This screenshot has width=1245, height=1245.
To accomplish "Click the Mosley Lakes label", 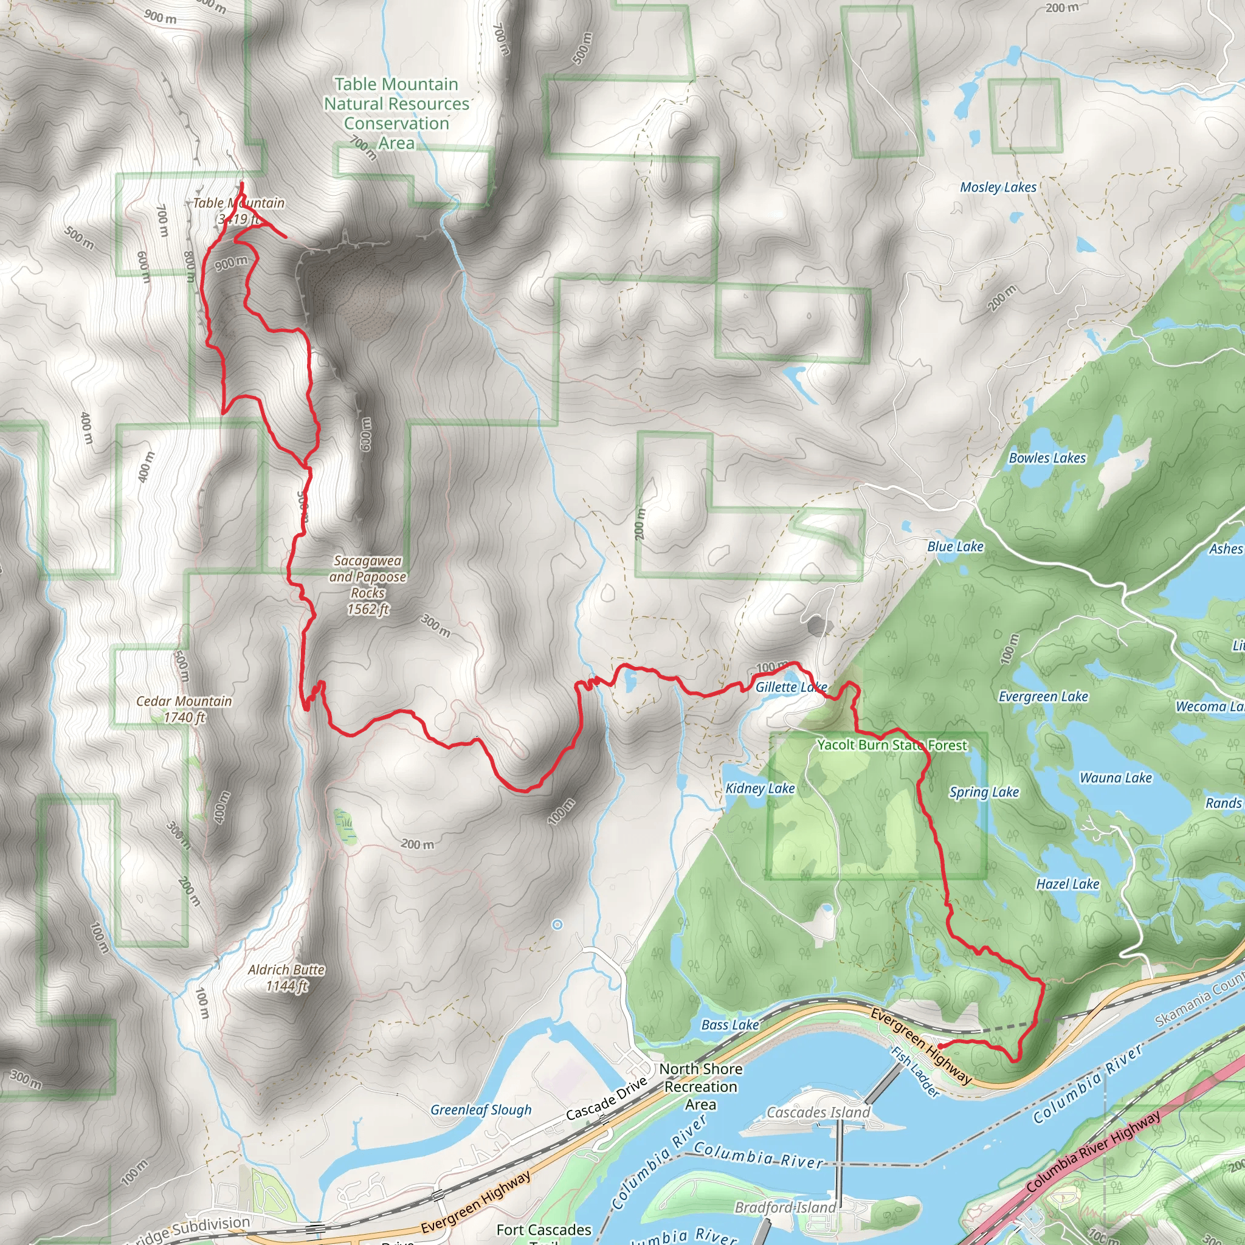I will tap(998, 187).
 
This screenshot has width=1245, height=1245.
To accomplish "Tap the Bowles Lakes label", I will tap(1047, 458).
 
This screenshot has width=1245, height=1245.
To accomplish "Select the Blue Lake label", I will tap(955, 547).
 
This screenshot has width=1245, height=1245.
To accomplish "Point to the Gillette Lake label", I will tap(791, 688).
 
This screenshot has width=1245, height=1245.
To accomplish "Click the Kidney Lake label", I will tap(760, 788).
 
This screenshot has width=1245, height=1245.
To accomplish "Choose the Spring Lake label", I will tap(984, 793).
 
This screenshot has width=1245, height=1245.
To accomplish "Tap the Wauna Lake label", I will tap(1116, 779).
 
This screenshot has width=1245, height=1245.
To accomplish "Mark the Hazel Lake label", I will tap(1067, 885).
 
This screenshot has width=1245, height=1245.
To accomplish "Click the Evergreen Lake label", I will tap(1043, 697).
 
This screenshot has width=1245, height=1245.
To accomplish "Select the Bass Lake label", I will tap(729, 1026).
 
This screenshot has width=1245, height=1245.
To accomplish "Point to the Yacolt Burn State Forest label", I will tap(892, 745).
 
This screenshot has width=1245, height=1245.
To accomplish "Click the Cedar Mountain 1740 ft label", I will tap(184, 709).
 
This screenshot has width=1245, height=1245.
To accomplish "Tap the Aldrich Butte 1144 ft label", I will tap(286, 978).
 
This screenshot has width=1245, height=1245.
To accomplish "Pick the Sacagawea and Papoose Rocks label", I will tap(368, 585).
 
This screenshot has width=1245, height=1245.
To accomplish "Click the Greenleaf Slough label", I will tap(481, 1110).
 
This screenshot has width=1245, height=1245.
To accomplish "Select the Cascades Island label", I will tap(818, 1113).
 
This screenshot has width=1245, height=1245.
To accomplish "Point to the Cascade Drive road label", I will tap(605, 1099).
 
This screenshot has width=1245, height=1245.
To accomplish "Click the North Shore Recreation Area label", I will tap(700, 1086).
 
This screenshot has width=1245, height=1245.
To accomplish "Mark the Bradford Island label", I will tap(785, 1208).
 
